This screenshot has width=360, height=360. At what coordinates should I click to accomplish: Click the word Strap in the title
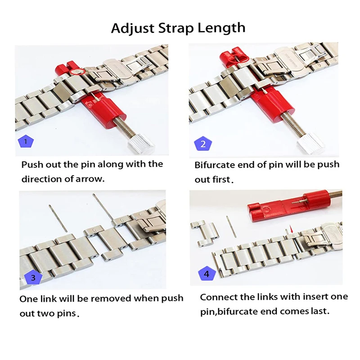[x=175, y=28]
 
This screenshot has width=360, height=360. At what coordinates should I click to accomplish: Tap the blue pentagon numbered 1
[x=26, y=142]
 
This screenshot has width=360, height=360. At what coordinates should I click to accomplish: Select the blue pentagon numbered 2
[x=203, y=144]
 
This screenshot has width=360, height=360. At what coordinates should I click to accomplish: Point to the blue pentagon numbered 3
[x=33, y=277]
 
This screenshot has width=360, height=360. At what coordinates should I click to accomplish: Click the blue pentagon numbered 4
[x=207, y=274]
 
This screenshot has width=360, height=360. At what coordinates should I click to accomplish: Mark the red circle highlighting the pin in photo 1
[x=78, y=72]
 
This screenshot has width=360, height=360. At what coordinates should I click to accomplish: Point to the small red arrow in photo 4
[x=292, y=229]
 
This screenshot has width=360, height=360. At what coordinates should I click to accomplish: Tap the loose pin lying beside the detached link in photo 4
[x=231, y=226]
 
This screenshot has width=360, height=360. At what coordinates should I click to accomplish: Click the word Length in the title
[x=221, y=28]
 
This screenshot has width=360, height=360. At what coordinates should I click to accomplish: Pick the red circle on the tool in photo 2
[x=238, y=58]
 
